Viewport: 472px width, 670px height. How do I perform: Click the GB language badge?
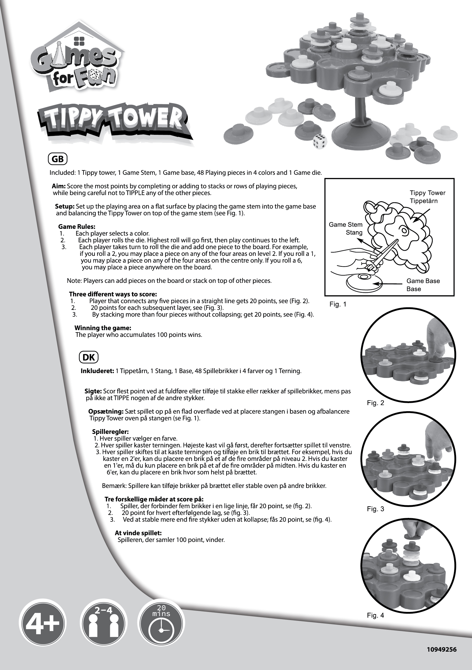pyautogui.click(x=58, y=159)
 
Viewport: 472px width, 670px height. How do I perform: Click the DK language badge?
pyautogui.click(x=89, y=357)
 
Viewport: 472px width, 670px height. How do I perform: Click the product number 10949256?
pyautogui.click(x=441, y=649)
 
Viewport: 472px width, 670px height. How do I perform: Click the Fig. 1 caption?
pyautogui.click(x=338, y=304)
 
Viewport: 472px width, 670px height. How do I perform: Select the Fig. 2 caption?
pyautogui.click(x=375, y=403)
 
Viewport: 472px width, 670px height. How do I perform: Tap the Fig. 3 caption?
pyautogui.click(x=375, y=509)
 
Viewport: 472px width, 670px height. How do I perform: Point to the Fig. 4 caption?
pyautogui.click(x=375, y=615)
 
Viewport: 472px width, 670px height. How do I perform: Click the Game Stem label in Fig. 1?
pyautogui.click(x=346, y=225)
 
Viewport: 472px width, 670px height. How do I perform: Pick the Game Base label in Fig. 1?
pyautogui.click(x=423, y=281)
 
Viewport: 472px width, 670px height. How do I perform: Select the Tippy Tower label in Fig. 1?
pyautogui.click(x=427, y=193)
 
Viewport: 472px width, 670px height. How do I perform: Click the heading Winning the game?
pyautogui.click(x=103, y=328)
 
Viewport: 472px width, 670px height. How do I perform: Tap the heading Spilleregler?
pyautogui.click(x=110, y=432)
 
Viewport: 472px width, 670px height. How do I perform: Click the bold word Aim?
pyautogui.click(x=59, y=186)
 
